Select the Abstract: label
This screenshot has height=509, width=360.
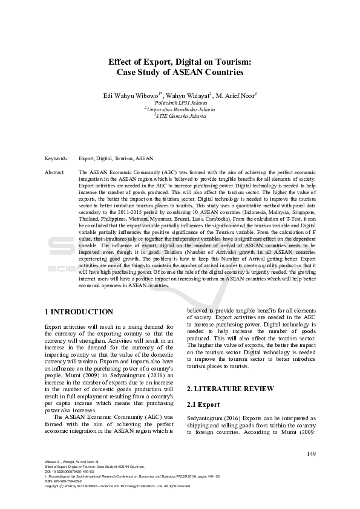(54, 172)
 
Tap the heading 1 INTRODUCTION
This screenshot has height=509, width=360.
(79, 312)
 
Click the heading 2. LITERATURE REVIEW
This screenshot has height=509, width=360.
(231, 388)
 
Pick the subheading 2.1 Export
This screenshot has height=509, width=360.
(203, 404)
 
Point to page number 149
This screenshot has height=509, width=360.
(311, 454)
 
